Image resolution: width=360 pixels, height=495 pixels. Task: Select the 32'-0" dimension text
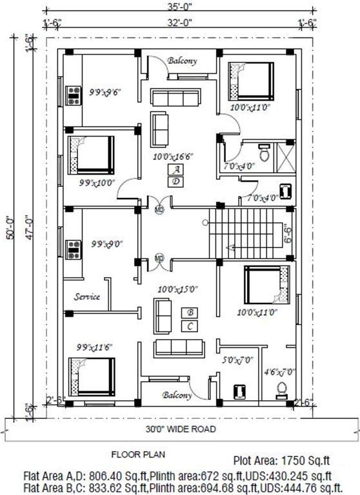pos(179,25)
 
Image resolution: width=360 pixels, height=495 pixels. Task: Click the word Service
pos(86,297)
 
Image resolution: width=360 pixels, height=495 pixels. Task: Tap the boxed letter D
pos(175,182)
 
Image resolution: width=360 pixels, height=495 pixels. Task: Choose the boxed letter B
pos(190,313)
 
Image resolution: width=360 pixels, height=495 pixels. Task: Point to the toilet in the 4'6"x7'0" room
pos(281,389)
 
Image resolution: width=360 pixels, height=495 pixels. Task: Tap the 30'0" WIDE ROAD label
pos(180,429)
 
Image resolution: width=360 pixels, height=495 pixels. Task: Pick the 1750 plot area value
pos(292,461)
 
